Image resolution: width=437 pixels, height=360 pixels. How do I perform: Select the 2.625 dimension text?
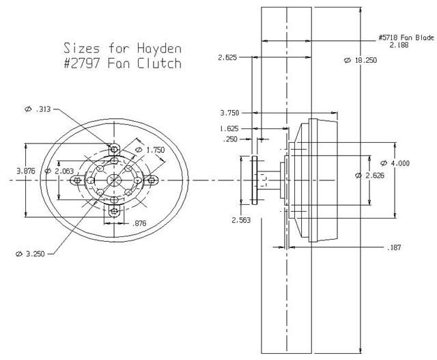pyautogui.click(x=227, y=57)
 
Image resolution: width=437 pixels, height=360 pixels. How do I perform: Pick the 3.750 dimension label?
pyautogui.click(x=230, y=113)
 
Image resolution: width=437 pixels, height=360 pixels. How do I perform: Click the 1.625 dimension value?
pyautogui.click(x=230, y=128)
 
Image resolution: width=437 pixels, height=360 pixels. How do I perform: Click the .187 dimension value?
pyautogui.click(x=395, y=247)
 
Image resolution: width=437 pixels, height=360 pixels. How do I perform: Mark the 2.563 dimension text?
pyautogui.click(x=241, y=220)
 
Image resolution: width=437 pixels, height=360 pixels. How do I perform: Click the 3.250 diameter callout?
pyautogui.click(x=30, y=253)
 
